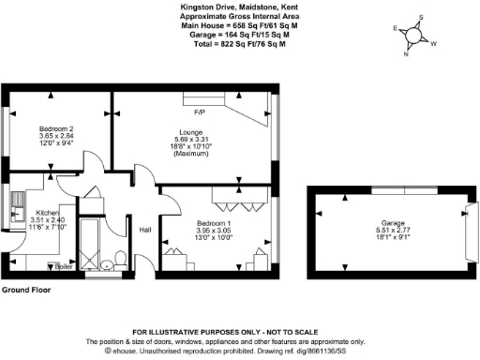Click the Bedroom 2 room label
(x=57, y=127)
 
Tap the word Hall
(x=146, y=230)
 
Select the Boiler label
(x=65, y=265)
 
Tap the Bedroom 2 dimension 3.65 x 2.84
(x=57, y=135)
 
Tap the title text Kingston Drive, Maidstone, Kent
(x=232, y=5)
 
